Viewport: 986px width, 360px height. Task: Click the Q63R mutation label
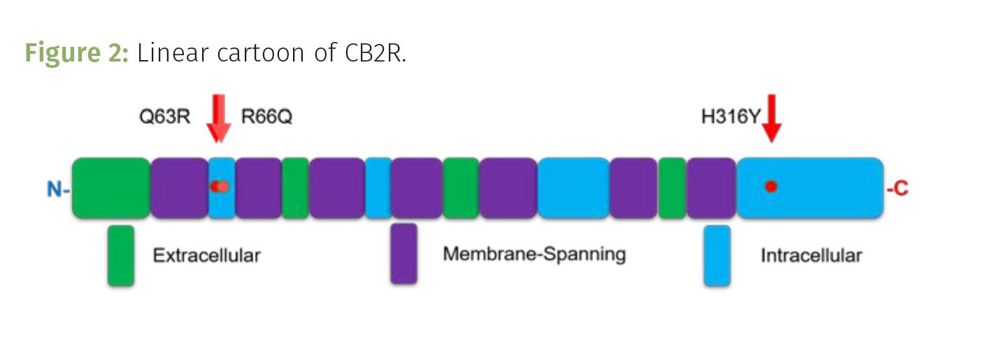[x=165, y=116]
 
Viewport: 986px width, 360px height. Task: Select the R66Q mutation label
[x=266, y=116]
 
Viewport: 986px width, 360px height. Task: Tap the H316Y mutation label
[x=730, y=116]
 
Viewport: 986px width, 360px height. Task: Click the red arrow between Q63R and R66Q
[x=218, y=119]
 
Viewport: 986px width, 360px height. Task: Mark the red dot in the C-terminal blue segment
[x=771, y=187]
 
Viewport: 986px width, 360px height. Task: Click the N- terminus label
[x=58, y=189]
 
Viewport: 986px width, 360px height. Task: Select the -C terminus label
[x=897, y=189]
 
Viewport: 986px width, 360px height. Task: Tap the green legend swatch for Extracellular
[x=120, y=255]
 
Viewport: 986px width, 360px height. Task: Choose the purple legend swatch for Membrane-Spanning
[x=403, y=254]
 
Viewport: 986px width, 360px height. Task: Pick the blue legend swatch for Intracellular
[x=717, y=255]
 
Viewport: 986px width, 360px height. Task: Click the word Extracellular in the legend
[x=206, y=256]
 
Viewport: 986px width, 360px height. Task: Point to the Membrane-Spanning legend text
[x=534, y=254]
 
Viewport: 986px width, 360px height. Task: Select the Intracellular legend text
[x=811, y=256]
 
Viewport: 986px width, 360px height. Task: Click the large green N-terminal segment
[x=110, y=187]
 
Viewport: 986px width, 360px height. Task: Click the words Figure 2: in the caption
[x=76, y=53]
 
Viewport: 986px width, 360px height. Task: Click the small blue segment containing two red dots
[x=221, y=203]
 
